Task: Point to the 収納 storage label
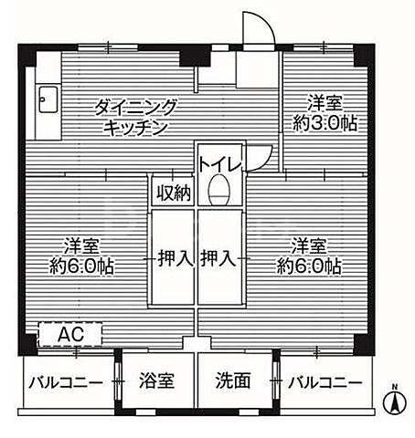(173, 193)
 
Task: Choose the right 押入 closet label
(219, 259)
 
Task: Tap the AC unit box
(71, 334)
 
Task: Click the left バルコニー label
(64, 381)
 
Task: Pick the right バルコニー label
(325, 381)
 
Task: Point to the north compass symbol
(395, 399)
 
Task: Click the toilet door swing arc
(263, 157)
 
